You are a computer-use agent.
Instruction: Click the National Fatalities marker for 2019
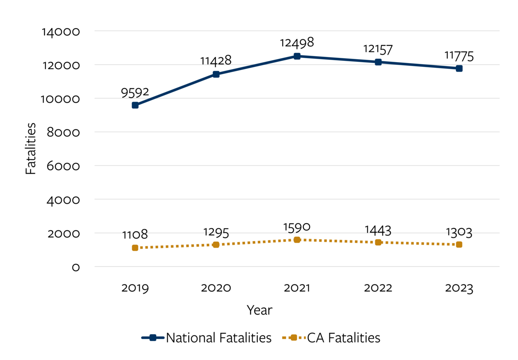(135, 105)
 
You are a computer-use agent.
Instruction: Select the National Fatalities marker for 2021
(297, 56)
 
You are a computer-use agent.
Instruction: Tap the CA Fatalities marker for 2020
(216, 245)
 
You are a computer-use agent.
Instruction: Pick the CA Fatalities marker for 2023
(459, 244)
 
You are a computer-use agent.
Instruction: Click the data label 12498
(297, 43)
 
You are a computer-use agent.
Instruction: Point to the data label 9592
(135, 92)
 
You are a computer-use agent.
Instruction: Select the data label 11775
(459, 56)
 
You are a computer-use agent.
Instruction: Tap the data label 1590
(297, 227)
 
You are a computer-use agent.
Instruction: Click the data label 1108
(135, 235)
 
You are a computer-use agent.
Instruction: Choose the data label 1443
(378, 230)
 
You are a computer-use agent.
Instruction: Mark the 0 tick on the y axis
(76, 267)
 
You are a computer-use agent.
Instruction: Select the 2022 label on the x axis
(378, 288)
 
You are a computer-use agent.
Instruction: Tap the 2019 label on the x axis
(135, 288)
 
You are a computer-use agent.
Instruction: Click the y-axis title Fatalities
(31, 148)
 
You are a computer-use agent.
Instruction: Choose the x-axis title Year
(259, 310)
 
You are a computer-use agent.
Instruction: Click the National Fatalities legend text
(219, 338)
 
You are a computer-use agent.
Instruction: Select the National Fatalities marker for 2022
(378, 62)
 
